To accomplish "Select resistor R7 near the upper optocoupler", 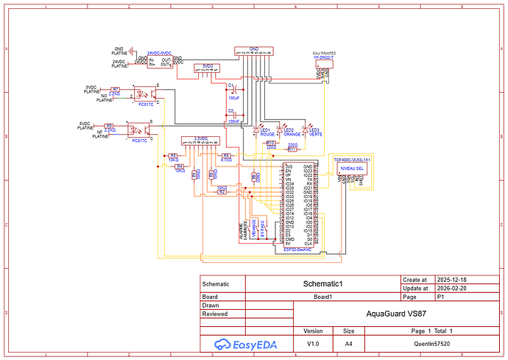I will click(x=115, y=90).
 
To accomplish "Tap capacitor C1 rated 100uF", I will click(x=233, y=91).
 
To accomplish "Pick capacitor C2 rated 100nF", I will click(x=233, y=116).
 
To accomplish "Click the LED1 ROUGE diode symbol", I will click(x=257, y=130).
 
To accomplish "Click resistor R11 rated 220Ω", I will click(x=292, y=149).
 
